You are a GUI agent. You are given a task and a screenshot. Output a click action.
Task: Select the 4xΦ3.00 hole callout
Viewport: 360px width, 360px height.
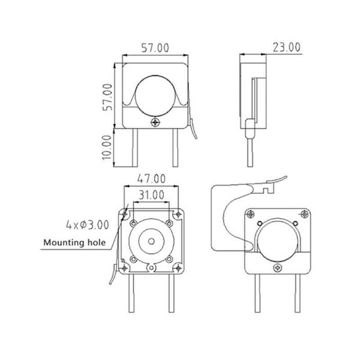(88, 225)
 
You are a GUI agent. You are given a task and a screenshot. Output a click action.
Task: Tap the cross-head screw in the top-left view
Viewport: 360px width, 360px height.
(156, 122)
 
